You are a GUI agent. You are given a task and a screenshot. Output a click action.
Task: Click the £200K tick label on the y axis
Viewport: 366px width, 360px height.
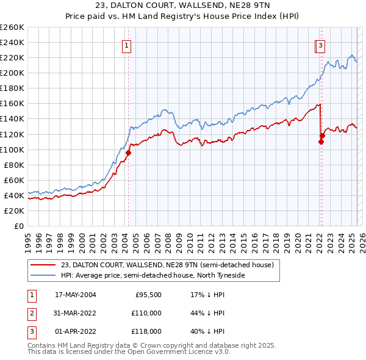point(12,73)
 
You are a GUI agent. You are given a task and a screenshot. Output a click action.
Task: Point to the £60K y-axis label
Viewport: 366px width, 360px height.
point(14,180)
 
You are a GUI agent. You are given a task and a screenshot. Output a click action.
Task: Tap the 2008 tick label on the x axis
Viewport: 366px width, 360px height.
point(168,238)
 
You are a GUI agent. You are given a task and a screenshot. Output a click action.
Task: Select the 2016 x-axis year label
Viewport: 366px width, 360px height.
point(254,238)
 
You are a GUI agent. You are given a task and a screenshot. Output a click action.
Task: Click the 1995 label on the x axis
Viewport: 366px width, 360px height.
point(28,238)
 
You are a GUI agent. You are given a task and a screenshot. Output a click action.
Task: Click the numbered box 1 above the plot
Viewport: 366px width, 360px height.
point(126,45)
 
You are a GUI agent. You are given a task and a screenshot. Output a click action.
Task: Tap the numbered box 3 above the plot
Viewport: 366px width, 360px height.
point(320,45)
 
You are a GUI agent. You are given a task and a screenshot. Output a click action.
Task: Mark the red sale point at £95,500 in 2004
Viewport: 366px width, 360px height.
point(129,153)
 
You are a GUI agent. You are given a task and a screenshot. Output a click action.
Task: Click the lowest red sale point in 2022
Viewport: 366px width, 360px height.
point(321,142)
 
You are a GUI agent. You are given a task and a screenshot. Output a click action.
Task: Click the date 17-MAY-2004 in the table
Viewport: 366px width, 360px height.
point(75,295)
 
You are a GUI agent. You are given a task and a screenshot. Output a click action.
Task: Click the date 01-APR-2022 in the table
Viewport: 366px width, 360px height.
point(75,331)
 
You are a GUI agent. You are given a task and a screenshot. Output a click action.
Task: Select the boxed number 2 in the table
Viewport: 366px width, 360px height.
point(30,313)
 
